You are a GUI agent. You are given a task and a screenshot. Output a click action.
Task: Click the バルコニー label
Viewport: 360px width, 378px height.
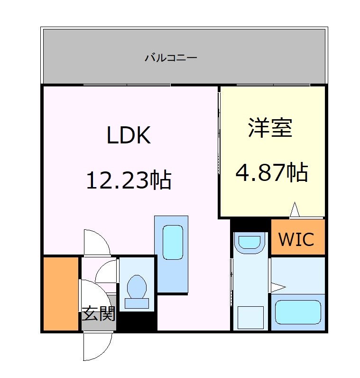tap(171, 58)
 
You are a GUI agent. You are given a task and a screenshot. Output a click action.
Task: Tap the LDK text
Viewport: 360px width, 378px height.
tap(129, 136)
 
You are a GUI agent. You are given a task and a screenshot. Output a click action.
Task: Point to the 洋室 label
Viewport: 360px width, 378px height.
tap(270, 128)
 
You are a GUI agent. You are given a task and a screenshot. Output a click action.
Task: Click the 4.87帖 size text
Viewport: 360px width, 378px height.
tap(272, 172)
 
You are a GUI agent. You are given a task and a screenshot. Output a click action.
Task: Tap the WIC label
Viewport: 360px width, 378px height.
tap(296, 239)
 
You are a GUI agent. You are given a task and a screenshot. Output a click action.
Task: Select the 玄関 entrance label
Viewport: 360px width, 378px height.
tap(99, 314)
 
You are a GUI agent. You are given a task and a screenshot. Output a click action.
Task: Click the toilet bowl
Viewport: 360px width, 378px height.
tap(137, 286)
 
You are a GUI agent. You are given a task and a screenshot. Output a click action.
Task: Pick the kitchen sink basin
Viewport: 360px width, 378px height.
tap(172, 242)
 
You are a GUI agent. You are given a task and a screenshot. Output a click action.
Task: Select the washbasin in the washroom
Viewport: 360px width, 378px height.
tap(249, 242)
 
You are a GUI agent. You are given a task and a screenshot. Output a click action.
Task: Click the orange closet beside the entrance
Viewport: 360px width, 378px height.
tap(60, 293)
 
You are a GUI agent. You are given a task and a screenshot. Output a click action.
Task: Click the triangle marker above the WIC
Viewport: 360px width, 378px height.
tap(295, 209)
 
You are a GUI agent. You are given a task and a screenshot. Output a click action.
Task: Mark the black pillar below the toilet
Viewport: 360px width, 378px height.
tap(137, 321)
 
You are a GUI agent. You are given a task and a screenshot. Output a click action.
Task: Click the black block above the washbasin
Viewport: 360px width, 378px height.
tap(250, 225)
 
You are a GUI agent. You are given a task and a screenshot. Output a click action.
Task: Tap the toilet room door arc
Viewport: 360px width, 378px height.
tap(105, 272)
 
